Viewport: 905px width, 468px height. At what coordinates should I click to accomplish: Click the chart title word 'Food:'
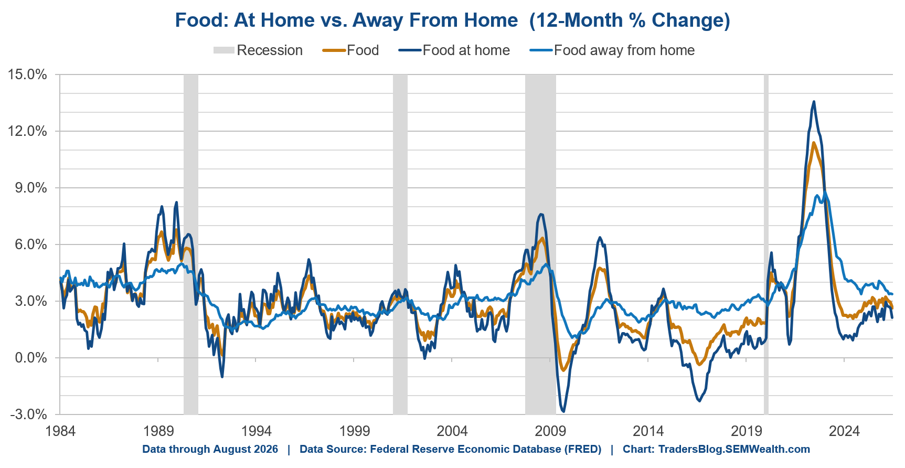[201, 20]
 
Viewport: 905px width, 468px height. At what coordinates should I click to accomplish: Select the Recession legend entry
[258, 50]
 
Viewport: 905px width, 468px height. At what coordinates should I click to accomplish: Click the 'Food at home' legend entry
[454, 50]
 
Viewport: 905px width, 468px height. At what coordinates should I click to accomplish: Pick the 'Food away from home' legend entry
[612, 50]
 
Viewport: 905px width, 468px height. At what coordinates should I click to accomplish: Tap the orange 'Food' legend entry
[350, 50]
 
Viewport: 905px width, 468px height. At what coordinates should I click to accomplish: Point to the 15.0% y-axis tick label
[27, 75]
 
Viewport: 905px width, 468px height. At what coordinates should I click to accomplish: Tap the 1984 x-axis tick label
[60, 431]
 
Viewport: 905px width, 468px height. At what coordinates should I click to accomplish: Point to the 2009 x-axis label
[550, 431]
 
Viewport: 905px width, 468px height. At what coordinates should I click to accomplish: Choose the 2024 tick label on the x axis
[844, 431]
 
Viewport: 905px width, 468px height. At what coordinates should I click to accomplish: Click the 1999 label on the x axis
[354, 431]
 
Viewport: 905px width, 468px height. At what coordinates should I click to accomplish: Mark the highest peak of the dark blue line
[814, 102]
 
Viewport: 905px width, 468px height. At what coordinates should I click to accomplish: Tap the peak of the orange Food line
[814, 143]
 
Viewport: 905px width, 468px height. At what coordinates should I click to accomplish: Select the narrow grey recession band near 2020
[766, 244]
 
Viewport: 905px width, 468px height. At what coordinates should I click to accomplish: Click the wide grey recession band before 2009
[540, 244]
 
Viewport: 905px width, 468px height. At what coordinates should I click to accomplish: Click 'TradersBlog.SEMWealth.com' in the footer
[734, 450]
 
